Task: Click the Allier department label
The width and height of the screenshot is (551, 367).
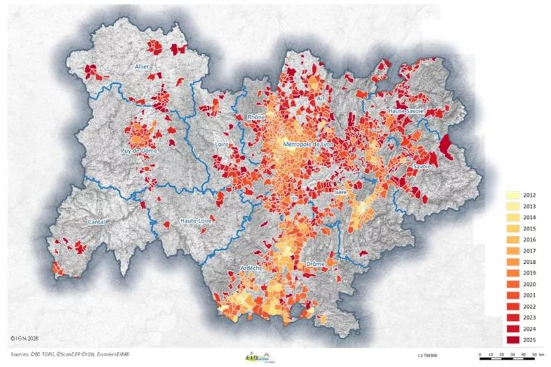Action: pyautogui.click(x=141, y=67)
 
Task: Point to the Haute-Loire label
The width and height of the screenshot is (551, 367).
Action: pyautogui.click(x=197, y=220)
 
